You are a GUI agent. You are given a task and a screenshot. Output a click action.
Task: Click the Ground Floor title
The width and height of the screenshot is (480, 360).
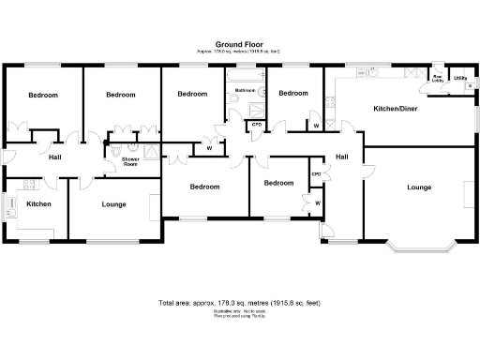point(239,44)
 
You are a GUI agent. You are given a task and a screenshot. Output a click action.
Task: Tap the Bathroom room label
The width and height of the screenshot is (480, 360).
point(246,90)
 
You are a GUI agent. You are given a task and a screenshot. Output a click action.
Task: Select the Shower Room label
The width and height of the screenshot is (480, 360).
point(131,162)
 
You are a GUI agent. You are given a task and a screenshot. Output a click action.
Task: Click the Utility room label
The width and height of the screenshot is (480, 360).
point(459,78)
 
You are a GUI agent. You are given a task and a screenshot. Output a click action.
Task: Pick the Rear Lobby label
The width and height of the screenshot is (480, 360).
point(438,79)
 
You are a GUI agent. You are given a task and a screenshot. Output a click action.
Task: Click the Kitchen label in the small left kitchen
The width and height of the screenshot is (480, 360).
point(38,203)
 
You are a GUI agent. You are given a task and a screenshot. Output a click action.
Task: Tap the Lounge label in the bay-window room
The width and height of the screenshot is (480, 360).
point(419,187)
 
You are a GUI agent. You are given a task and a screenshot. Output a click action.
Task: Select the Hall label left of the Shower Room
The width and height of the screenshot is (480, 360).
point(55,157)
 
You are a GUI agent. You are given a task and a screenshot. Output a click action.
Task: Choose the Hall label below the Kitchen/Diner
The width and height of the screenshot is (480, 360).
point(342,157)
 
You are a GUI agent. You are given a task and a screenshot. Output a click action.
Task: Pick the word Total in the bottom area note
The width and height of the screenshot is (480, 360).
point(169,303)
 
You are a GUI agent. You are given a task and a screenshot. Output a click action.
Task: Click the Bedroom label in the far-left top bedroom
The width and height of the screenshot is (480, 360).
point(42,95)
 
